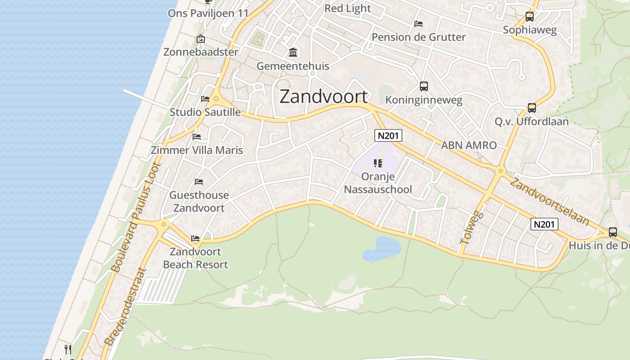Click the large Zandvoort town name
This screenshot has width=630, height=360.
(324, 97)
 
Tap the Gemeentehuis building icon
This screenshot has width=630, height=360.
(293, 53)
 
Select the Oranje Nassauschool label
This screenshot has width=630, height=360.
(378, 183)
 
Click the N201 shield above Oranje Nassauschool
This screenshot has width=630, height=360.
(388, 135)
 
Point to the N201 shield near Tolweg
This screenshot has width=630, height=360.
(544, 224)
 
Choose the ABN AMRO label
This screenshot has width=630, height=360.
(468, 145)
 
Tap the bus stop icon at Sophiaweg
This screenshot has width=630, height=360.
(530, 17)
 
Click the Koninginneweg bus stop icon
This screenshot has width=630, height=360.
(423, 86)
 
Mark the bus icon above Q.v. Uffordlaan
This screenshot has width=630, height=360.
(531, 108)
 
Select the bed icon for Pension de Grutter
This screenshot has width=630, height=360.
(418, 23)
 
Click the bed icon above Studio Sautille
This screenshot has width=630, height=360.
(205, 99)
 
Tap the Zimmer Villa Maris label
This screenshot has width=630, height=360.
(197, 150)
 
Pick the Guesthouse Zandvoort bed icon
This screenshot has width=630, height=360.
(199, 182)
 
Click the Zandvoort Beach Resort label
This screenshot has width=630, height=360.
(195, 258)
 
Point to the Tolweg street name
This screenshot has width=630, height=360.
(471, 228)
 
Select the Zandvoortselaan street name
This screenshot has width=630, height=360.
(549, 201)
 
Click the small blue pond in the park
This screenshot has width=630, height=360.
(382, 249)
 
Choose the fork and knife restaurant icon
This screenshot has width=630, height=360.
(68, 349)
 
